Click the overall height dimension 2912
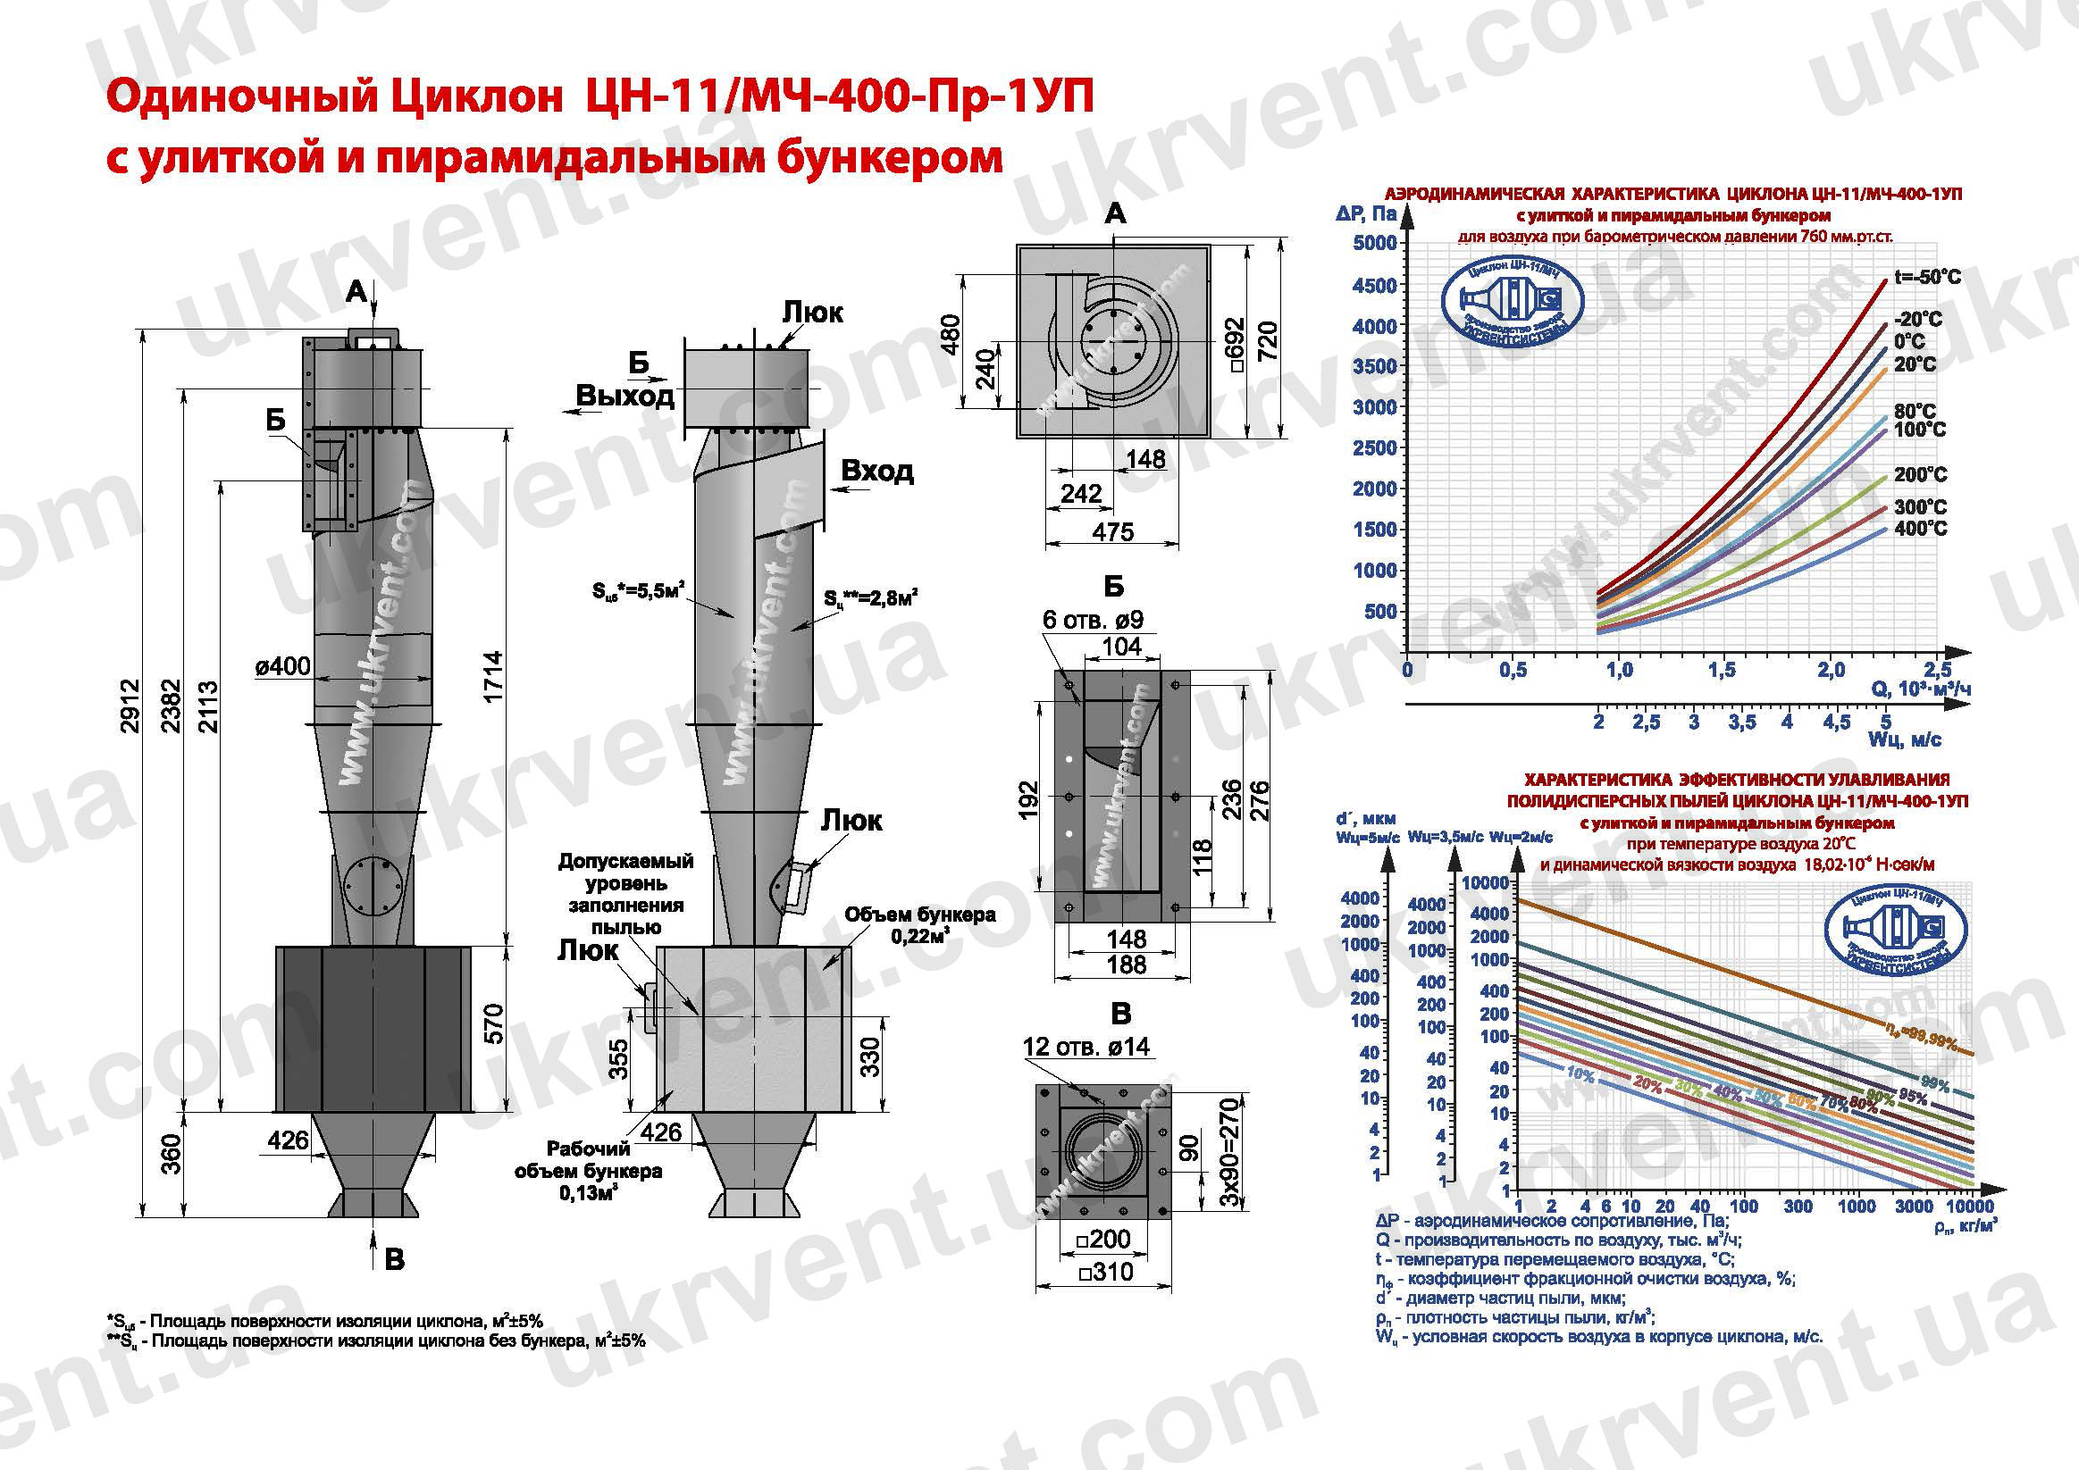tap(131, 706)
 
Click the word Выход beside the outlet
tap(625, 397)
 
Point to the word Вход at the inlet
tap(876, 471)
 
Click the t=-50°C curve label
tap(1927, 277)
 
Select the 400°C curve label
tap(1920, 529)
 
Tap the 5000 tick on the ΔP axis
tap(1374, 244)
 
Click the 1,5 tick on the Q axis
tap(1722, 670)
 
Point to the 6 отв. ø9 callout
tap(1092, 620)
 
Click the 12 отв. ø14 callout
tap(1086, 1048)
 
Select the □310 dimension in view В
tap(1105, 1272)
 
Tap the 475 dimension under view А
tap(1112, 532)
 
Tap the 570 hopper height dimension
tap(492, 1023)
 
